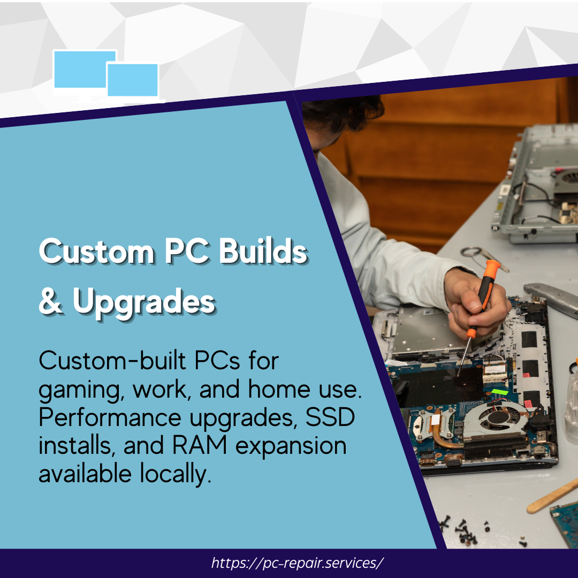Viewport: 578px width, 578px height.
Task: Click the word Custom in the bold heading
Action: (96, 251)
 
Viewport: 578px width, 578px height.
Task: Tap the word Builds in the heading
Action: (263, 250)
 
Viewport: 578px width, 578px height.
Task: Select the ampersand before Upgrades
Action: (50, 301)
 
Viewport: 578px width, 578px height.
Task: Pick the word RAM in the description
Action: (200, 445)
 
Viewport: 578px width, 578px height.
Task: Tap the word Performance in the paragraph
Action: (110, 417)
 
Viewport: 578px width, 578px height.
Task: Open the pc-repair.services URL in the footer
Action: (297, 563)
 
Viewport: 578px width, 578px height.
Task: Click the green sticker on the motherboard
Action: (500, 391)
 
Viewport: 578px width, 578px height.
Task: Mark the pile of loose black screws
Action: (461, 531)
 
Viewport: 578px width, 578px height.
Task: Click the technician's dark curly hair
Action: (343, 112)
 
